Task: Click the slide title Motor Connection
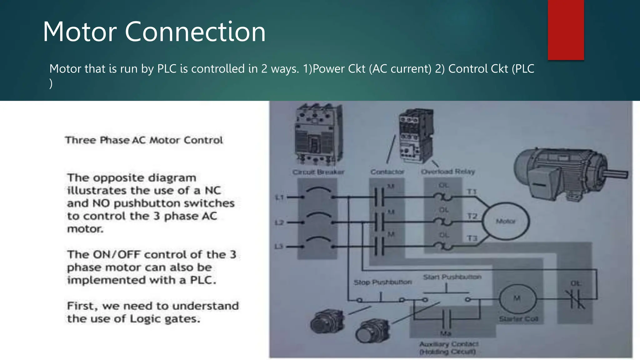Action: pos(154,32)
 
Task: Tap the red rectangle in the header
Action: pos(566,30)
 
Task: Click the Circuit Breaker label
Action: pos(318,172)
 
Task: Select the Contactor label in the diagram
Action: pos(387,172)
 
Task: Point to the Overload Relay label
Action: pos(448,172)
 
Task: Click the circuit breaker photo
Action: pos(318,134)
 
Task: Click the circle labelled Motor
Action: pos(506,221)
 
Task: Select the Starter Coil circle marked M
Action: pos(517,299)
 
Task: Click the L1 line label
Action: pos(279,197)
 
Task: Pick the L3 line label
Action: pos(279,247)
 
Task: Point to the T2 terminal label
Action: pos(472,216)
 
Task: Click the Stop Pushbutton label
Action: pos(382,282)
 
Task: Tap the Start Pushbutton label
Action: pos(452,277)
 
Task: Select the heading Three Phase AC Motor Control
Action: pos(144,140)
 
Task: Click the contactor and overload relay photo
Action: pos(416,136)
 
